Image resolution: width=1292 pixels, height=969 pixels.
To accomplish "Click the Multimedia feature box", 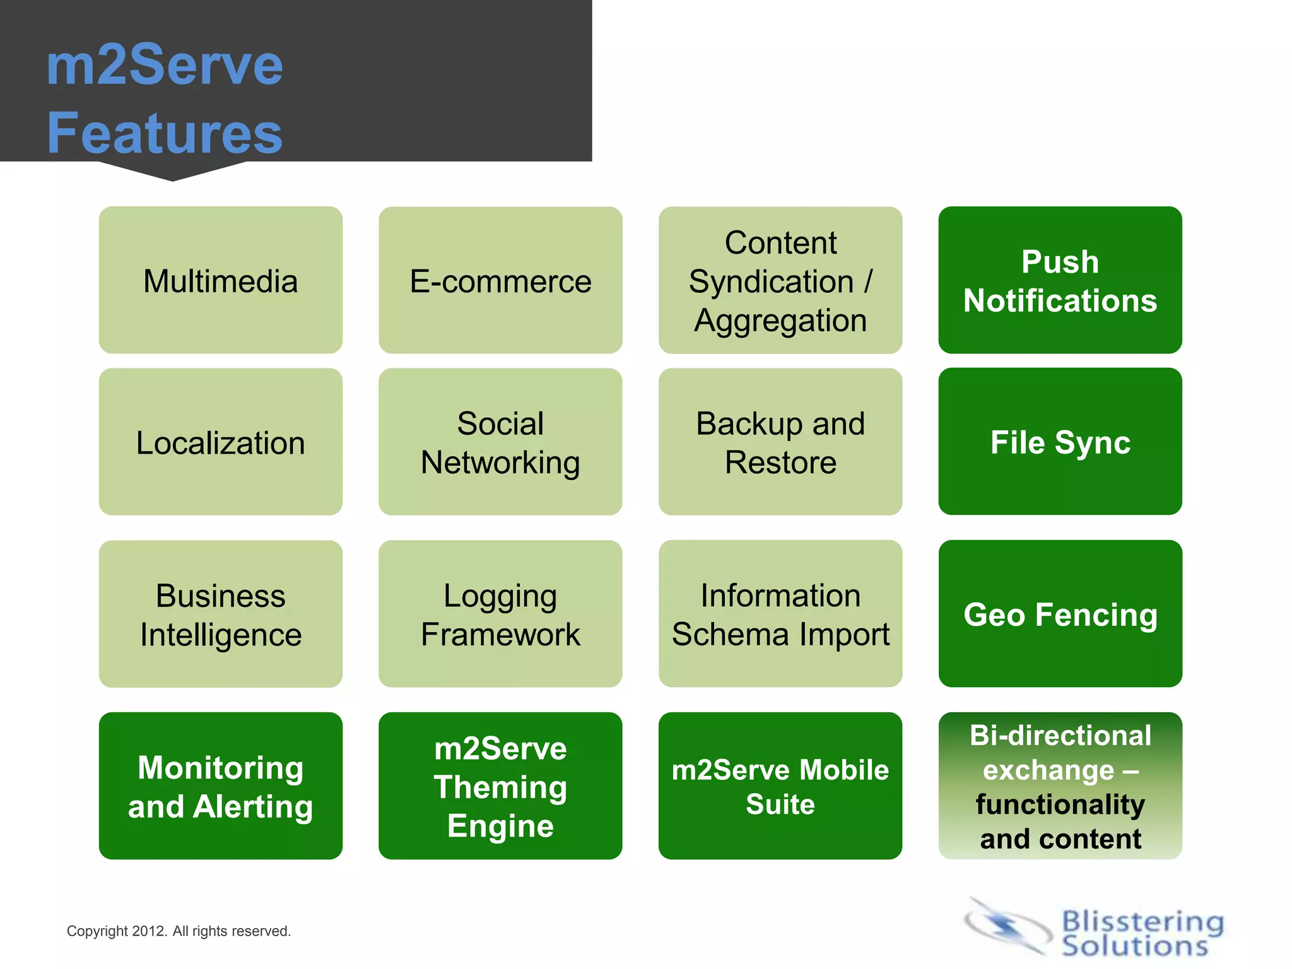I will click(220, 280).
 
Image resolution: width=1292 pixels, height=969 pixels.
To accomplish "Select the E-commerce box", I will click(500, 280).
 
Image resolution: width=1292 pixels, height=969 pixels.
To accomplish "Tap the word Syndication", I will click(770, 281).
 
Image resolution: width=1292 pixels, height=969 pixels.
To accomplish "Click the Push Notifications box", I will click(1060, 280).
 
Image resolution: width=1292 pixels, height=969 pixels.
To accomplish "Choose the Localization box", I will click(220, 442).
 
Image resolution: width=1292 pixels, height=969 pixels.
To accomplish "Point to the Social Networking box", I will click(500, 442).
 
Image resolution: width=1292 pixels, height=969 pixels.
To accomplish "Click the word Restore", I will click(780, 462).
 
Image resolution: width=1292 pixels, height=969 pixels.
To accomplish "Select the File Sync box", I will click(1060, 442).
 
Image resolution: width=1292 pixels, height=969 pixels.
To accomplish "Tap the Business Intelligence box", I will click(220, 614).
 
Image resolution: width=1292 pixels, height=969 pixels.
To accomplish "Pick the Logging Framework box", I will click(500, 614).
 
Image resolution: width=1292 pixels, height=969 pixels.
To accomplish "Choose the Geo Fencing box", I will click(1060, 614).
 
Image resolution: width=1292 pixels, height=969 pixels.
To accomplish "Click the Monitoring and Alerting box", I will click(220, 786).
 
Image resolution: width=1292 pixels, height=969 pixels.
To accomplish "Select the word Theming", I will click(500, 787).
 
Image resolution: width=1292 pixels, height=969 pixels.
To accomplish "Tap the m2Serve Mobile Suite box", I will click(780, 786).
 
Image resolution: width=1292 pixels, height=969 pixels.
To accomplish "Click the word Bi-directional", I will click(1060, 736).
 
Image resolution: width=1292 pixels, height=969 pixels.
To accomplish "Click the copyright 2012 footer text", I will click(179, 931).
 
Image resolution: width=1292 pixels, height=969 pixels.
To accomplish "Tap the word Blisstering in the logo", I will click(1142, 922).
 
